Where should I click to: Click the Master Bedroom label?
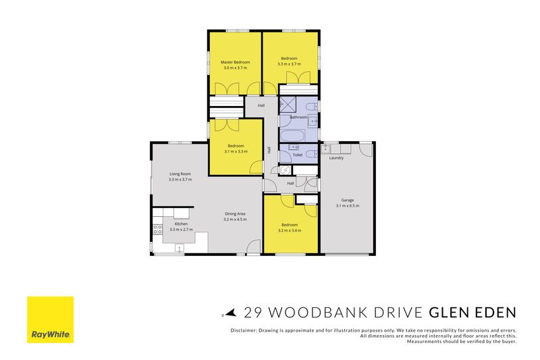(235, 62)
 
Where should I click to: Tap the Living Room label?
(180, 174)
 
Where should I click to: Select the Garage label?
(348, 200)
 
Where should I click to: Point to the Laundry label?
(336, 158)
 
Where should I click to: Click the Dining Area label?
(235, 213)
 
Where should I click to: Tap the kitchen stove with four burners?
(158, 229)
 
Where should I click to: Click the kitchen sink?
(180, 248)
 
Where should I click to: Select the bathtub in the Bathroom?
(292, 135)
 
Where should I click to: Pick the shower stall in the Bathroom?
(288, 104)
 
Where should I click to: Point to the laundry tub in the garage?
(325, 149)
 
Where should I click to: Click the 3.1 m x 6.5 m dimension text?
(348, 205)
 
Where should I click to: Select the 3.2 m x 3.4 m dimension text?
(290, 230)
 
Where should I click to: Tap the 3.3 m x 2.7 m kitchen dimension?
(181, 230)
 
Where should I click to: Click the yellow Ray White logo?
(50, 319)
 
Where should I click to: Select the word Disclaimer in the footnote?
(243, 330)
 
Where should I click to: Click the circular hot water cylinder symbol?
(285, 170)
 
